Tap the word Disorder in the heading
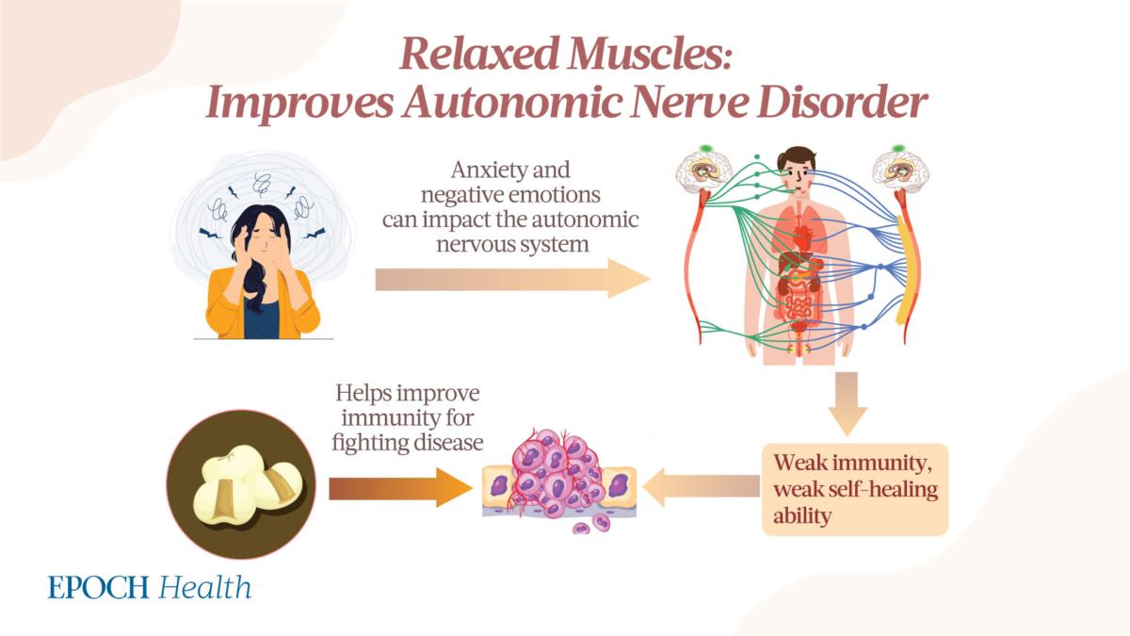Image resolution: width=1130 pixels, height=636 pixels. coord(842,103)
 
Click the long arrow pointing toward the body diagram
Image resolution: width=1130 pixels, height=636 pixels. coord(512,278)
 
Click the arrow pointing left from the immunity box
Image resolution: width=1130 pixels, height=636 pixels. coord(702,486)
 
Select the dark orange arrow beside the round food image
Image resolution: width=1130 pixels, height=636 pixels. coord(400,488)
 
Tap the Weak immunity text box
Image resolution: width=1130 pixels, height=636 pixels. coord(855,489)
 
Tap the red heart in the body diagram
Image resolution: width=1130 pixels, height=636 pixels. coord(802,236)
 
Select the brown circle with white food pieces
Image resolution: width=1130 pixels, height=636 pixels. coord(241,484)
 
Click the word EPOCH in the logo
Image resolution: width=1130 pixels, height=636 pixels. coord(98,588)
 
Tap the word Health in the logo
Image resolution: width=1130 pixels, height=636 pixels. coord(205,587)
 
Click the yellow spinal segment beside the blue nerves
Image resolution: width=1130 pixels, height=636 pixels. coord(906,269)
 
